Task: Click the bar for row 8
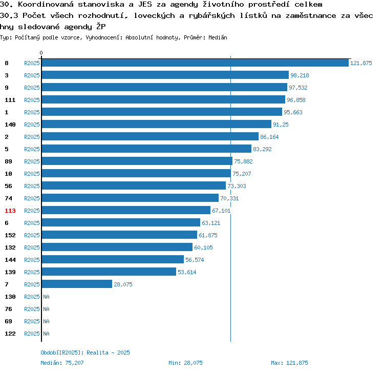tap(195, 63)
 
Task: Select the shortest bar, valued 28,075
tap(77, 284)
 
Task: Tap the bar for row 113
tap(126, 210)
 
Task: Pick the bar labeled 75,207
tap(136, 173)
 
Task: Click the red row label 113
tap(10, 211)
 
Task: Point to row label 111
tap(10, 100)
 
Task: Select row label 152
tap(10, 235)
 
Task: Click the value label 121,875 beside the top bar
tap(361, 63)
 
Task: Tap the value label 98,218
tap(300, 75)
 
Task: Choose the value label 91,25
tap(281, 125)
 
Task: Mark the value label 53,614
tap(187, 272)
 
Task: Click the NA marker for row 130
tap(46, 297)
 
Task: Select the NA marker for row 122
tap(46, 334)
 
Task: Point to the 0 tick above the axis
tap(41, 53)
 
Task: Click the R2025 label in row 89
tap(32, 161)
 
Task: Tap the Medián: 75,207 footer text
tap(62, 363)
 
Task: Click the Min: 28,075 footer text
tap(185, 363)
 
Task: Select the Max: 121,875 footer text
tap(289, 363)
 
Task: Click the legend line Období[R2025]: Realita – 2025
tap(85, 353)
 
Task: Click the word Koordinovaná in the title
tap(46, 4)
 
